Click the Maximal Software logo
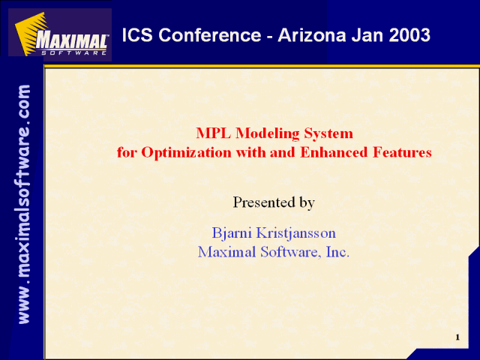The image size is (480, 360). [x=60, y=34]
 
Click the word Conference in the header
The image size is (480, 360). [x=210, y=35]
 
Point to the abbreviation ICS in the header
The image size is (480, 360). [x=137, y=35]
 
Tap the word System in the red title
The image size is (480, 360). [x=328, y=133]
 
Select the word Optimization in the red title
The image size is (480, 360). [x=186, y=152]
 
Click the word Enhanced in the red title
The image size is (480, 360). [x=334, y=152]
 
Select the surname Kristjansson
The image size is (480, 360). [x=295, y=233]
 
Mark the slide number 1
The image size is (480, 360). [x=457, y=337]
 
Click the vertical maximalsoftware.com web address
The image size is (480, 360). [x=24, y=204]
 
